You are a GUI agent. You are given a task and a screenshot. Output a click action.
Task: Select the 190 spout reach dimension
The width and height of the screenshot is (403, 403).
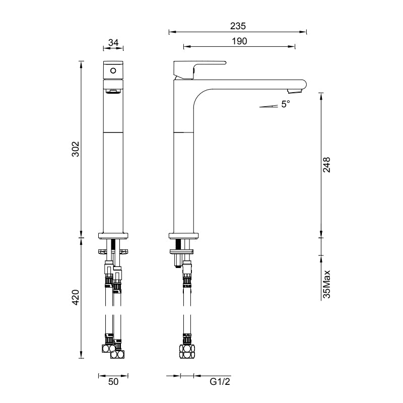[240, 41]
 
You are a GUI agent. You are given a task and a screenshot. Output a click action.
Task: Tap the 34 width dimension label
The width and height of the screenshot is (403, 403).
[113, 43]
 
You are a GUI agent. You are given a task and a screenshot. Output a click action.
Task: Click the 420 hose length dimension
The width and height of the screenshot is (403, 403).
[74, 298]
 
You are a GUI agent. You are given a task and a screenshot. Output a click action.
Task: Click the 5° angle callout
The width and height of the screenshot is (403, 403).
[286, 104]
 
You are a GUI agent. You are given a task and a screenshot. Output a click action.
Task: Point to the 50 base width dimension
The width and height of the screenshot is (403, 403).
[113, 382]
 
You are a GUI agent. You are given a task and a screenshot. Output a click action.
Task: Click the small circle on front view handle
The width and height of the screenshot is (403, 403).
[113, 71]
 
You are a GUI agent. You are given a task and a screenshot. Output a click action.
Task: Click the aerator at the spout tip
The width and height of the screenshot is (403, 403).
[294, 92]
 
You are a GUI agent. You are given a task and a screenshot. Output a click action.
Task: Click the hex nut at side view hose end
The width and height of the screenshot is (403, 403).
[186, 350]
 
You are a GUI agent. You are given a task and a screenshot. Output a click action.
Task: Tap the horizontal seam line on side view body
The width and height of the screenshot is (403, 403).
[184, 132]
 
